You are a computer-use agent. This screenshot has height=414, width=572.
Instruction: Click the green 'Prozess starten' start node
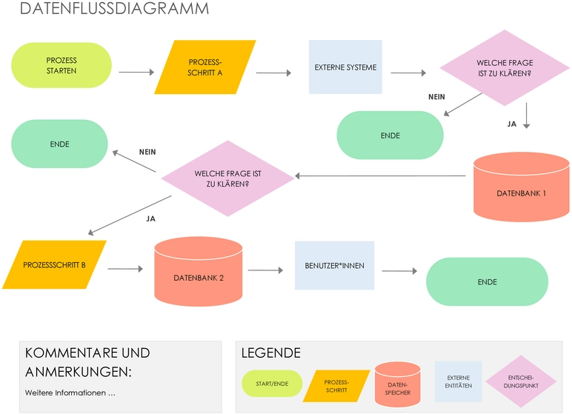tap(61, 66)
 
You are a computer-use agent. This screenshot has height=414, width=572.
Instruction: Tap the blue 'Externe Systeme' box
tap(345, 67)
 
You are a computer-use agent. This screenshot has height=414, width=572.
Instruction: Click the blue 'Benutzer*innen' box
tap(334, 265)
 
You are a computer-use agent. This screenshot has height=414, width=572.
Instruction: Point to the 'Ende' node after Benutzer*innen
tap(487, 282)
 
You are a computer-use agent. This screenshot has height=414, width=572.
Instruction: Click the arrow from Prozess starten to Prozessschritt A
tap(136, 73)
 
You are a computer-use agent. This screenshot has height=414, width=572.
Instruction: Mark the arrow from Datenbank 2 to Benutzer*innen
tap(266, 270)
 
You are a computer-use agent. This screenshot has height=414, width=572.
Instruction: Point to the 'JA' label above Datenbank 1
tap(511, 124)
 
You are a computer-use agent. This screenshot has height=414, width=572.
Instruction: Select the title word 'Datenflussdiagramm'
tap(113, 10)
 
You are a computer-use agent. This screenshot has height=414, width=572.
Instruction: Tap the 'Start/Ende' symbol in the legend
tap(272, 384)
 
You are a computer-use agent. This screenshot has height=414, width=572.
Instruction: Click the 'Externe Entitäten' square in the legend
tap(458, 382)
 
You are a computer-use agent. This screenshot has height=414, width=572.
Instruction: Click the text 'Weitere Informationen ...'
tap(70, 393)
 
